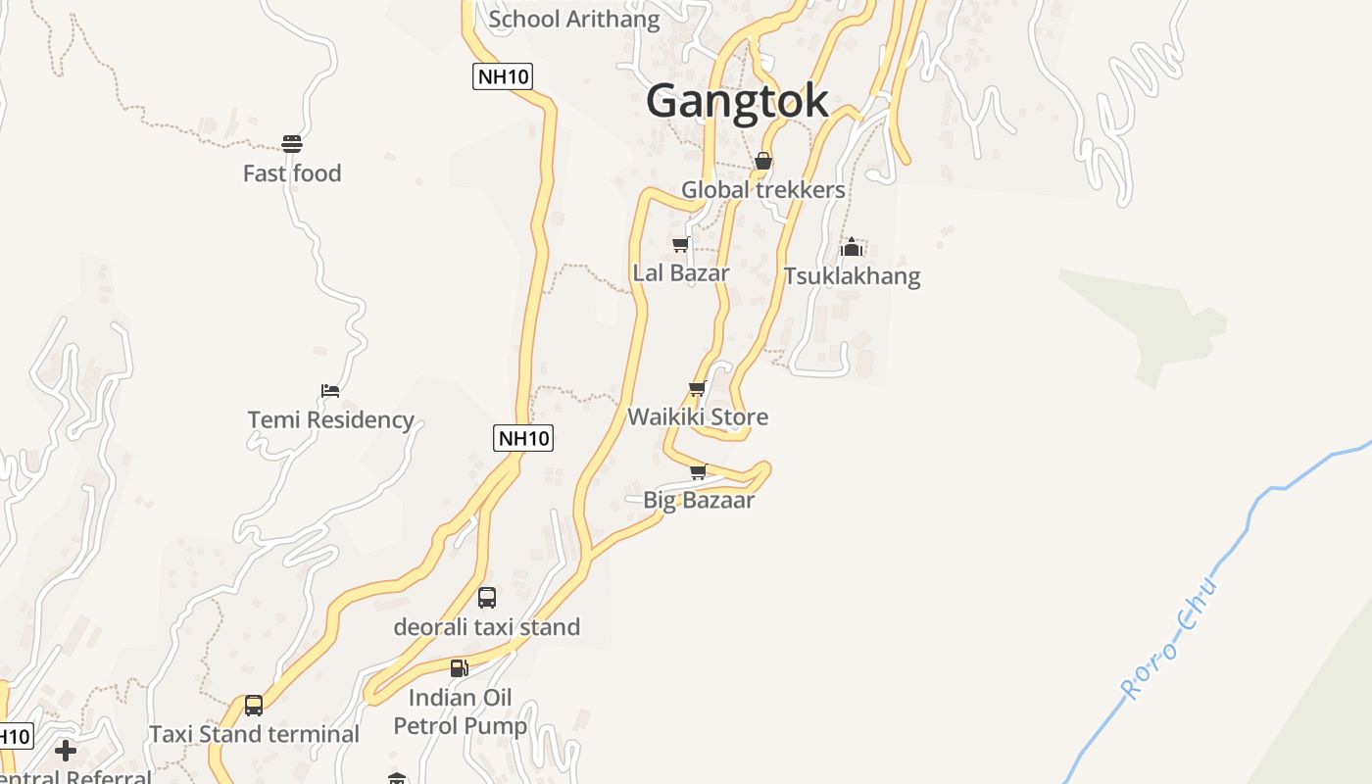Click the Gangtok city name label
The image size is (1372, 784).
click(x=737, y=101)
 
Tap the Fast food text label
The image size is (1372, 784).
click(x=292, y=173)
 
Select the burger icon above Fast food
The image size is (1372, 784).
click(x=292, y=144)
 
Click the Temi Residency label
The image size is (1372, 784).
click(x=330, y=419)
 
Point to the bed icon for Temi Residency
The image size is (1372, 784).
click(x=330, y=391)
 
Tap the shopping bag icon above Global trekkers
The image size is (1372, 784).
click(x=762, y=161)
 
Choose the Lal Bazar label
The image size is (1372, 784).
click(x=681, y=272)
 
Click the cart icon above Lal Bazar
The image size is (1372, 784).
click(x=680, y=244)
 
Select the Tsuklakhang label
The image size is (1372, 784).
click(x=852, y=275)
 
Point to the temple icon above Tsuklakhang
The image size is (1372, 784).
click(x=851, y=247)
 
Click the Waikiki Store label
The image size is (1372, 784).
click(x=698, y=416)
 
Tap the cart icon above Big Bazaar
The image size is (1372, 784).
click(x=698, y=472)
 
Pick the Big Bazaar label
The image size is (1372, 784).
click(x=699, y=500)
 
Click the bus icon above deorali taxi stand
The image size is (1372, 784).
click(x=487, y=597)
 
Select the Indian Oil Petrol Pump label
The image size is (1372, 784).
click(x=461, y=712)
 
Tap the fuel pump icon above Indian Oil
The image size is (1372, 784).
click(x=459, y=668)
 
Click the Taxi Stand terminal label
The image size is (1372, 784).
click(x=254, y=734)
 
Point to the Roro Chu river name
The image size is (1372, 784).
click(x=1170, y=639)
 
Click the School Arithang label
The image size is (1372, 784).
click(x=574, y=19)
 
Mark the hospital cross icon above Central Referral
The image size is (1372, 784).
click(x=66, y=751)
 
